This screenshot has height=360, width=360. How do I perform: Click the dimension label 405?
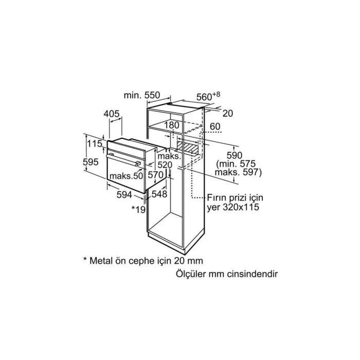coord(112,114)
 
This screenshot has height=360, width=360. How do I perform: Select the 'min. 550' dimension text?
coord(141,95)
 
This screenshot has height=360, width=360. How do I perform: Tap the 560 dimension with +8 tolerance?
coord(208,96)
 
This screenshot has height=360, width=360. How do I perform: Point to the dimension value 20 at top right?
coord(228,113)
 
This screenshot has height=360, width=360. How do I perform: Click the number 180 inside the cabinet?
coord(172,125)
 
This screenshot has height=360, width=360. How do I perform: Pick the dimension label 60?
coord(215,127)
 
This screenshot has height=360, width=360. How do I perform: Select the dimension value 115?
coord(95,143)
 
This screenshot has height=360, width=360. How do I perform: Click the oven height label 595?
coord(91,162)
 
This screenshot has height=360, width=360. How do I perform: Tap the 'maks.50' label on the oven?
coord(127,176)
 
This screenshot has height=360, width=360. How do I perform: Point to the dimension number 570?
coord(155,175)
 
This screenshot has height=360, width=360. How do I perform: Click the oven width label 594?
coord(124,195)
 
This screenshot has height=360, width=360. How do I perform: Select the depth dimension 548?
coord(159,194)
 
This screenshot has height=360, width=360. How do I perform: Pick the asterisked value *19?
coord(138,209)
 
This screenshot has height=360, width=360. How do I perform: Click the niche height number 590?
coord(235,155)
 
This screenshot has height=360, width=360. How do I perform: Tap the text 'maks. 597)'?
coord(238,172)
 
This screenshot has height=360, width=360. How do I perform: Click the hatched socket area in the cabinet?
coord(187,147)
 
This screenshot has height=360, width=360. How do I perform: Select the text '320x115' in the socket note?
coord(241,207)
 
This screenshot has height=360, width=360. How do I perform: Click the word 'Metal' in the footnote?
coord(100,261)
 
